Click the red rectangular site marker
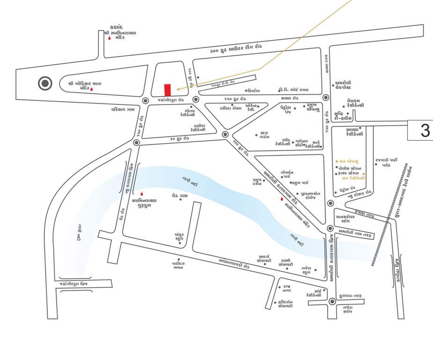[167, 90]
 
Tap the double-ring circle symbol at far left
[45, 84]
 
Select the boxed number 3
[420, 130]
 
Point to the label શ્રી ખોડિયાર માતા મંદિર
[84, 86]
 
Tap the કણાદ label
[116, 27]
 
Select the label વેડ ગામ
[179, 196]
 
